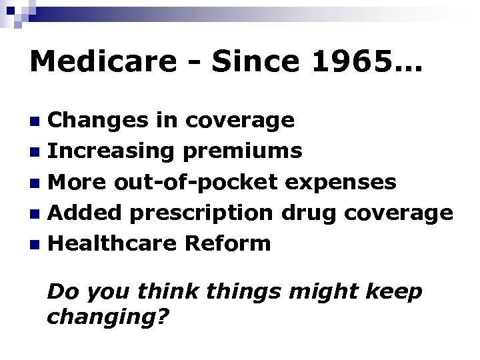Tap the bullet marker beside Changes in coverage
(38, 121)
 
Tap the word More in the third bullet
(78, 182)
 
